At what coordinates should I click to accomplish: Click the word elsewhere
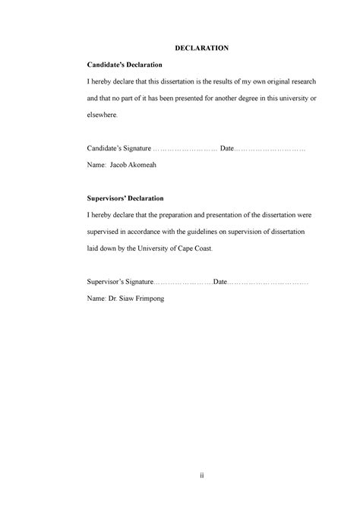coord(103,117)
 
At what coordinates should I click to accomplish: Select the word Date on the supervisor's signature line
coord(220,282)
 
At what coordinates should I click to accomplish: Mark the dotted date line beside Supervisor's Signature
coord(269,282)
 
